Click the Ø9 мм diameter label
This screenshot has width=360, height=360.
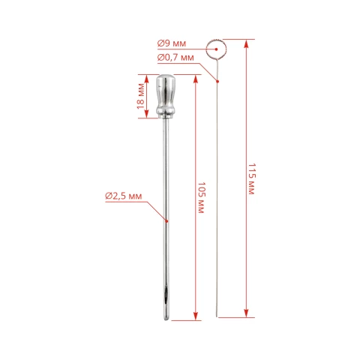click(172, 43)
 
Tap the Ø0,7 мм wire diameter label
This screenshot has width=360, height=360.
click(175, 58)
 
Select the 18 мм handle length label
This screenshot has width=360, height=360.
click(141, 96)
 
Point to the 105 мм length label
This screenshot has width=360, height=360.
click(201, 198)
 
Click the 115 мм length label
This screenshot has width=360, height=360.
click(252, 179)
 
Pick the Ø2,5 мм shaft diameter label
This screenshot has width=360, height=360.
click(124, 196)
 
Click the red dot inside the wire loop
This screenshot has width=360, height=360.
click(217, 49)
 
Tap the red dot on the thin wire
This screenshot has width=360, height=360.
click(217, 81)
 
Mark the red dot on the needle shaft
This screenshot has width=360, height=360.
click(166, 221)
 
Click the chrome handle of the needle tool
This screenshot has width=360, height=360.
click(166, 96)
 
